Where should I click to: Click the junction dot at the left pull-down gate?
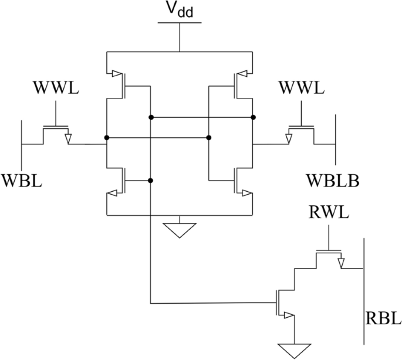[x=151, y=181]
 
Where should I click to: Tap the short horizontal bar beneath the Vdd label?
[x=179, y=23]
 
